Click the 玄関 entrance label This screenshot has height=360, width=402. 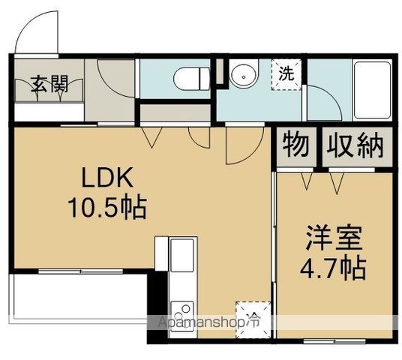pos(49,83)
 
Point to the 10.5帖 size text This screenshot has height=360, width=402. pos(109,206)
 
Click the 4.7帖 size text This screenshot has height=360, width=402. pos(334,268)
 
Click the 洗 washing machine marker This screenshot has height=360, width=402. pos(286,73)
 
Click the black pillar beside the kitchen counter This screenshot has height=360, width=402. pos(158,300)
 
